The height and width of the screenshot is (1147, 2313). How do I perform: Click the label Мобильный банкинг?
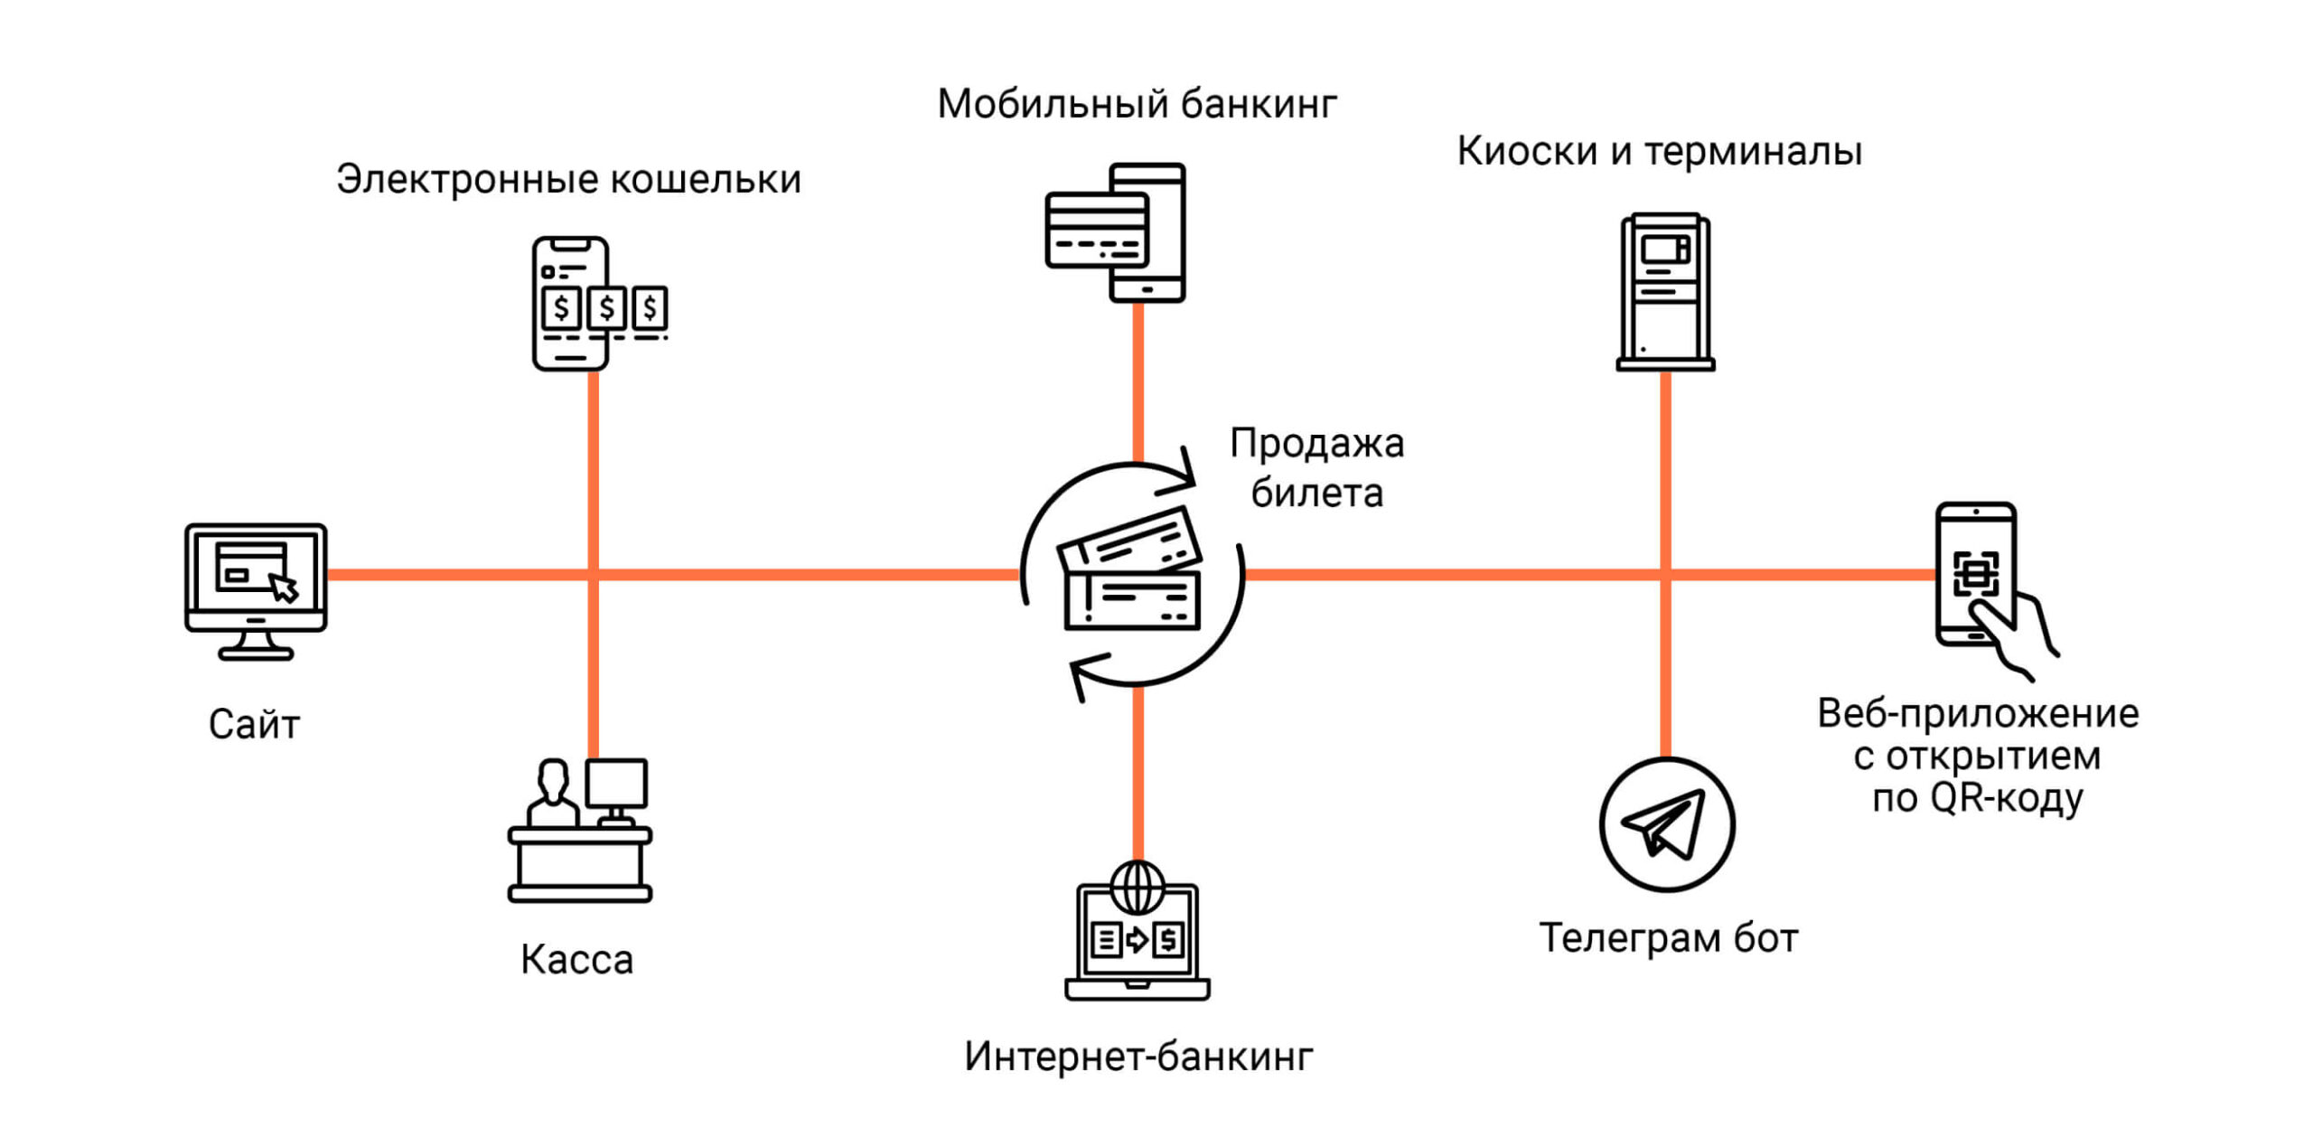pos(1137,105)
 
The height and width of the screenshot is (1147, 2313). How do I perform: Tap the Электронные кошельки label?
pos(568,180)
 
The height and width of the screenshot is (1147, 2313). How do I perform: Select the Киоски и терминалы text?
pos(1659,152)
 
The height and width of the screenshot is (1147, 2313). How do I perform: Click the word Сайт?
pos(254,725)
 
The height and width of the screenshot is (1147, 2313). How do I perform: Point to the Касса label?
pos(576,960)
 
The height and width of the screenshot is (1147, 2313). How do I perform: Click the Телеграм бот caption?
pos(1668,938)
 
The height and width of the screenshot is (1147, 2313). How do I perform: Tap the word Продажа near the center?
pos(1316,444)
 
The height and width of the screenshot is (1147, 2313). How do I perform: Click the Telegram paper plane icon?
pos(1665,823)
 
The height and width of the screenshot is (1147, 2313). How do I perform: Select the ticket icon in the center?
pos(1131,573)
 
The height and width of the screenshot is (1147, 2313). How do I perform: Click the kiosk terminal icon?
pos(1665,291)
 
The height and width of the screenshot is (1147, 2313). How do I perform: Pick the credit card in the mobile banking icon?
pos(1096,231)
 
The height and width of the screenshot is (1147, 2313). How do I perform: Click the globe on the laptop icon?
pos(1138,888)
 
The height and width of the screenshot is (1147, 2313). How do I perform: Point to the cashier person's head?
pos(552,776)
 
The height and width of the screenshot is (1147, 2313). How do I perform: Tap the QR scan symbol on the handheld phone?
pos(1975,573)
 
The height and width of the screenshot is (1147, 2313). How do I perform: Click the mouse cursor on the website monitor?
pos(284,588)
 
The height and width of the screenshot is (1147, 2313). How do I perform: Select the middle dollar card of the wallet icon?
pos(606,308)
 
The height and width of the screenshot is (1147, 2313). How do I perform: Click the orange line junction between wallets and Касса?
pos(593,574)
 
